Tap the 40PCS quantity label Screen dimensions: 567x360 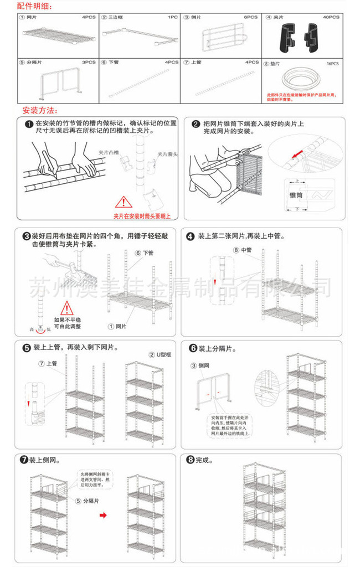[x=331, y=17]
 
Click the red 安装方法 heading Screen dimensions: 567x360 [x=42, y=110]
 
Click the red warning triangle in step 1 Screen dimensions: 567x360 [x=123, y=202]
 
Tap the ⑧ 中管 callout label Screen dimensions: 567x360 [x=242, y=250]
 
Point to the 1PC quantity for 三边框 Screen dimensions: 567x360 [x=173, y=17]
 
